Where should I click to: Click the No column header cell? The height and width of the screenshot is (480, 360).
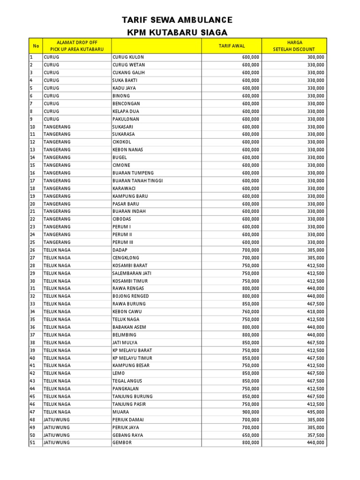36,45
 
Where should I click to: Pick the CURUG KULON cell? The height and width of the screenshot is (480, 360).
128,57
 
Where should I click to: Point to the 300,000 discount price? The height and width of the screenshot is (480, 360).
315,57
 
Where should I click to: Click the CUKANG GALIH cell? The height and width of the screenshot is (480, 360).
128,73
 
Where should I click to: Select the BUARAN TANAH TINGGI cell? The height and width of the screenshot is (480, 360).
138,180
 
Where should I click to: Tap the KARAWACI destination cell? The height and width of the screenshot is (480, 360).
124,188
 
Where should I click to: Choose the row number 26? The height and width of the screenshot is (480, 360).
33,250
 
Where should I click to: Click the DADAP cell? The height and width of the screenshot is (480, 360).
120,250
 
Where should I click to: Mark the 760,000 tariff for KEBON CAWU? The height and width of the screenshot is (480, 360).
250,312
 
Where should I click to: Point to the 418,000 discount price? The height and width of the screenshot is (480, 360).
315,312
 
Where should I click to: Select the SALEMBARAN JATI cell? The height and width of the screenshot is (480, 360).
132,273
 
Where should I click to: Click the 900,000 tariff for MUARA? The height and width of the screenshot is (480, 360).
250,412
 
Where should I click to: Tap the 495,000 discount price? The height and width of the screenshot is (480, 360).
315,412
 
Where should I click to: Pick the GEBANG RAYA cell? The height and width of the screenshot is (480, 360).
127,435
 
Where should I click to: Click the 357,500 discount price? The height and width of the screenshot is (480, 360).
315,435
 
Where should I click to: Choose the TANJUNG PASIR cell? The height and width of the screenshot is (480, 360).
129,404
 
